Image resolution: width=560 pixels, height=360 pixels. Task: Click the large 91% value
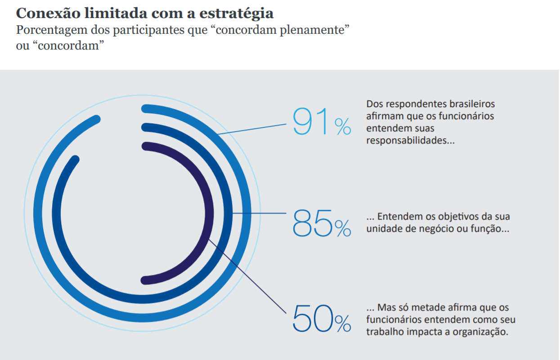coord(321,121)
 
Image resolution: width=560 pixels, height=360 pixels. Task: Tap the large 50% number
coord(321,319)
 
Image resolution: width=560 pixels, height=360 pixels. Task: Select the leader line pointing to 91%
coord(252,128)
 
